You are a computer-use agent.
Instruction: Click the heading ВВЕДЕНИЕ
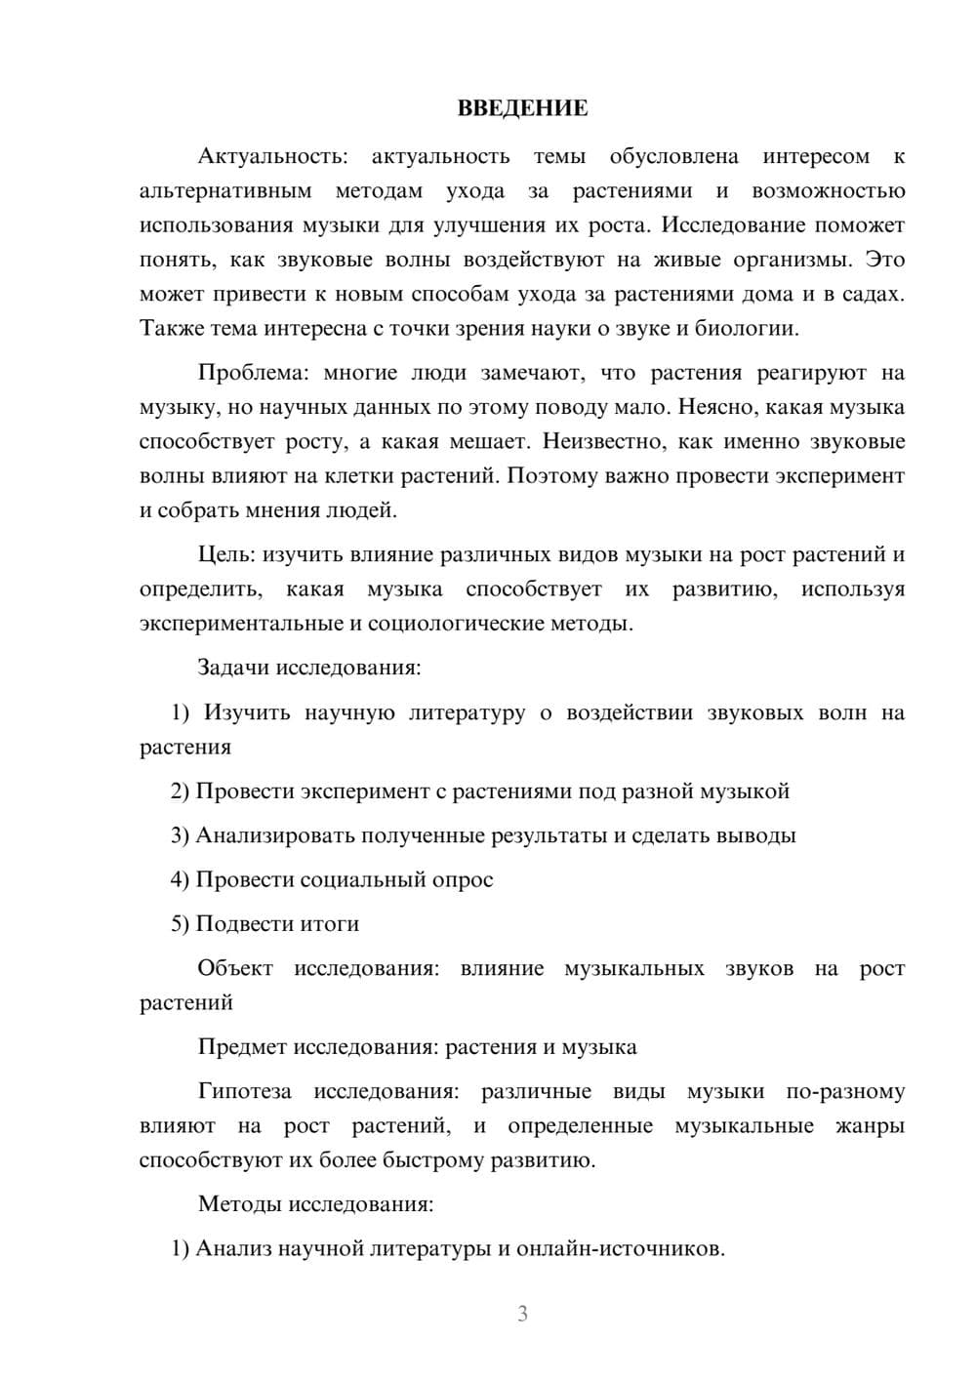[x=522, y=108]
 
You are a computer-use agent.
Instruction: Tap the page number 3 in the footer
[x=522, y=1314]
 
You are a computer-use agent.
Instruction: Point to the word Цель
[x=225, y=554]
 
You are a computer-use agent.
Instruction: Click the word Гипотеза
[x=244, y=1091]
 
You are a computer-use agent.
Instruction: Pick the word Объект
[x=235, y=968]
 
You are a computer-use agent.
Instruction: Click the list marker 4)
[x=180, y=879]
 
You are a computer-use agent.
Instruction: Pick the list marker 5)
[x=180, y=923]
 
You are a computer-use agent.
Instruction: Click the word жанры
[x=871, y=1126]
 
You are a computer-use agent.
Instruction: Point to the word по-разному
[x=845, y=1091]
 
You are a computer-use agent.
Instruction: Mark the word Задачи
[x=233, y=669]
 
